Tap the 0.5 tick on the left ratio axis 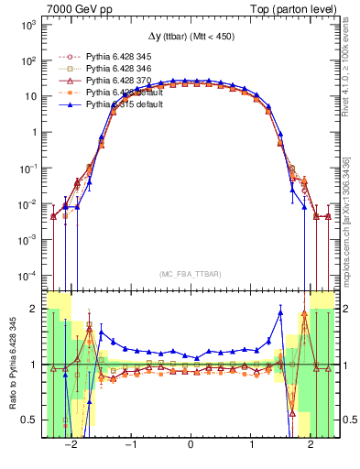pyautogui.click(x=30, y=420)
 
